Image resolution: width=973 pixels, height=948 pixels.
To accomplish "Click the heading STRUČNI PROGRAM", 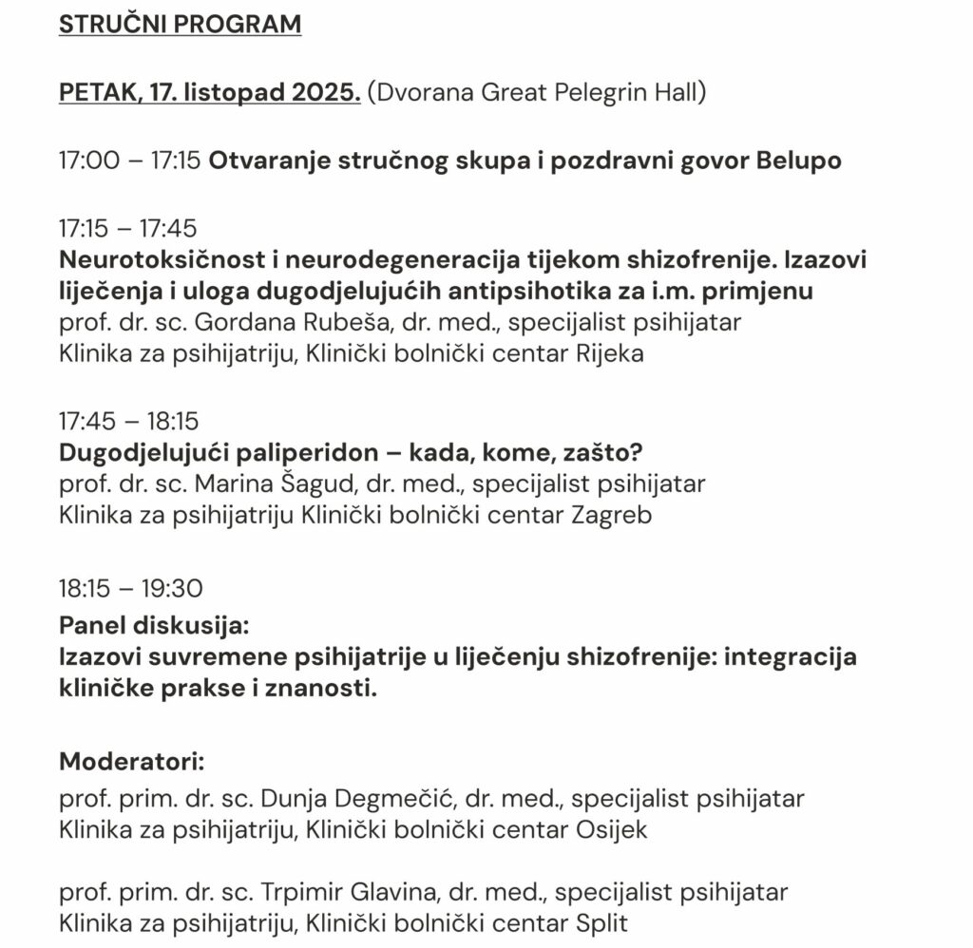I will point(180,26).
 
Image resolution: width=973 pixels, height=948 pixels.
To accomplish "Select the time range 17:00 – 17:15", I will point(129,161).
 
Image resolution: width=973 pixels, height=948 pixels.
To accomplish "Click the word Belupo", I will point(798,161).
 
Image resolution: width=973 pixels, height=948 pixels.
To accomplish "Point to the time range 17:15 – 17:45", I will point(128,229).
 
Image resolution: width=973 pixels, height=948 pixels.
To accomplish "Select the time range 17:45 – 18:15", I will point(128,421).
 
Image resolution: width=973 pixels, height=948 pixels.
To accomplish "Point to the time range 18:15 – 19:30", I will point(130,589).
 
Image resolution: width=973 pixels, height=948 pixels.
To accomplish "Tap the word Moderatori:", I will point(132,761).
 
